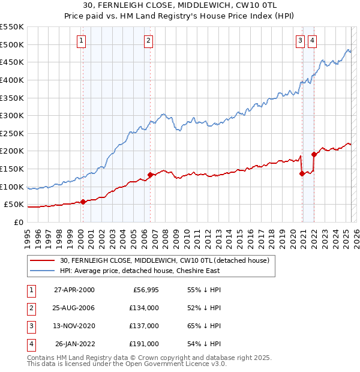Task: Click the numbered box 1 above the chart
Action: coord(82,41)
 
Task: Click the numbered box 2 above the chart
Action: coord(148,41)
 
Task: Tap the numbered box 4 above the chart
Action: coord(313,41)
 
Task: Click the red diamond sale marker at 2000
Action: coord(83,202)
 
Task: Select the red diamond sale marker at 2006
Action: coord(150,175)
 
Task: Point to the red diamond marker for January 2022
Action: coord(314,154)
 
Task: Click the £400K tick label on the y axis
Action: coord(12,80)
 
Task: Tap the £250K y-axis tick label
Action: coord(12,133)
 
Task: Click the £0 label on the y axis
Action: coord(18,222)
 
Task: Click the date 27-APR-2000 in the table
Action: coord(74,290)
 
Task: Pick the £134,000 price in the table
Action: coord(143,308)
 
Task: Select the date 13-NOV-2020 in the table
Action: coord(74,326)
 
